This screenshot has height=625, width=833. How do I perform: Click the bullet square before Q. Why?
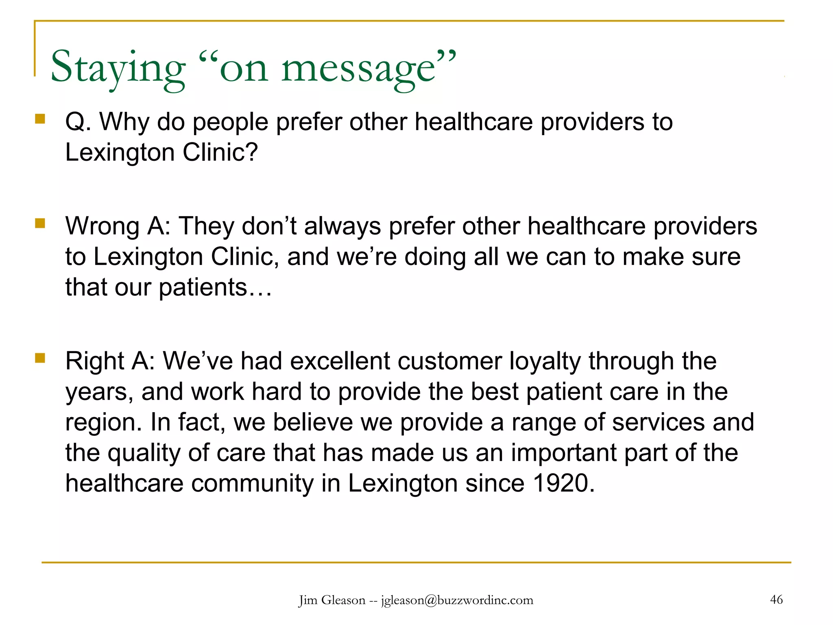(40, 118)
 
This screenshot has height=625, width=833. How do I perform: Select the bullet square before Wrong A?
(40, 223)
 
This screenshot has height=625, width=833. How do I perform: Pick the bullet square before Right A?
(40, 358)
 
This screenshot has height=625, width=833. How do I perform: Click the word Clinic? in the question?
(220, 153)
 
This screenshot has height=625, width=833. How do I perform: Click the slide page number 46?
(776, 599)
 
